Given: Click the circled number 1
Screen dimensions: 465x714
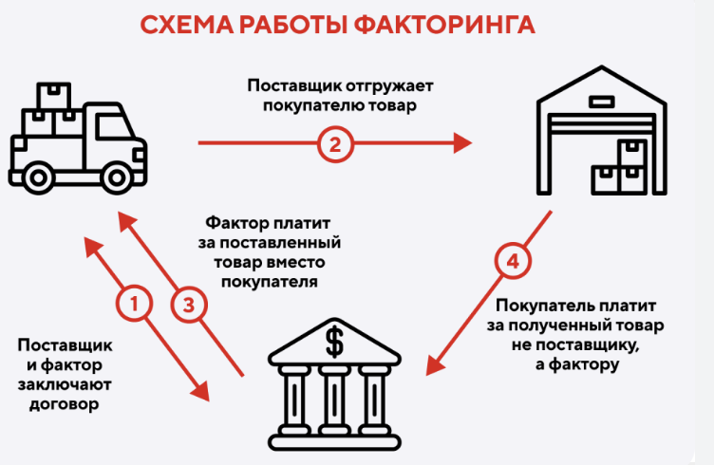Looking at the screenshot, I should (134, 305).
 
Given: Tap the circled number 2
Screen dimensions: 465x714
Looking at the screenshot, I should (333, 144).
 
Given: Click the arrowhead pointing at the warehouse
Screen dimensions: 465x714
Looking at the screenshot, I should (463, 144).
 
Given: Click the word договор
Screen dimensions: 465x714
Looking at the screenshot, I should (58, 404).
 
